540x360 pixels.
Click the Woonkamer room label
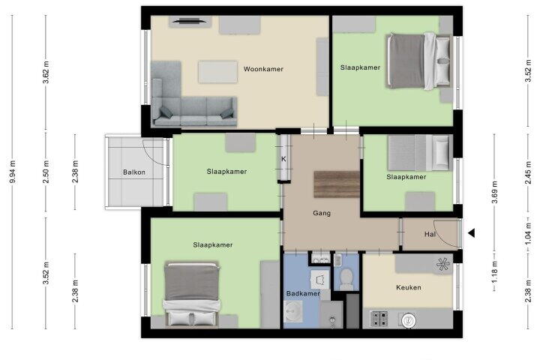263,69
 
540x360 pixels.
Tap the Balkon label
134,172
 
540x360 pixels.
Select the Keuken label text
409,287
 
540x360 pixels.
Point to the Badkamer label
303,293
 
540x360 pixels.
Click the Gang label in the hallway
322,213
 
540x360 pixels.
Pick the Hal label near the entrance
430,234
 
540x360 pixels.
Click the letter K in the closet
283,159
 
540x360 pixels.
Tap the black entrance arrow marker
472,233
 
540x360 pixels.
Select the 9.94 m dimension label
13,172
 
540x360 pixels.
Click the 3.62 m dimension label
46,72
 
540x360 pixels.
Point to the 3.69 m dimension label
494,192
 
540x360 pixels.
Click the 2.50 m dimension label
46,172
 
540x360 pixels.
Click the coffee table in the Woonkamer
217,72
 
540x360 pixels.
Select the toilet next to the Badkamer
346,279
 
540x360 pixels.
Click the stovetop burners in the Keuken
379,319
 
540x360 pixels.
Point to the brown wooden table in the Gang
337,184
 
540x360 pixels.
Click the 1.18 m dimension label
494,272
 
